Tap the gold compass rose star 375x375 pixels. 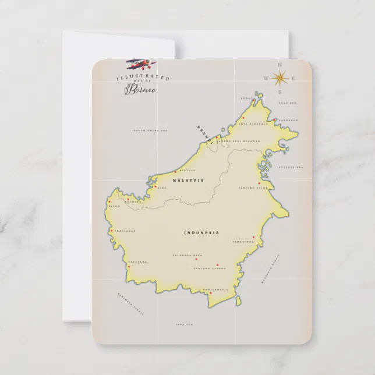pyautogui.click(x=280, y=77)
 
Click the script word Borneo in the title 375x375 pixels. pyautogui.click(x=140, y=90)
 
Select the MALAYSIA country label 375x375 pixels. pyautogui.click(x=188, y=181)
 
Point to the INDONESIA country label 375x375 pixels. pyautogui.click(x=201, y=233)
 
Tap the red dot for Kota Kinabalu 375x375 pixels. pyautogui.click(x=243, y=118)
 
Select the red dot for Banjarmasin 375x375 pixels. pyautogui.click(x=210, y=293)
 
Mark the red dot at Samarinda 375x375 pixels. pyautogui.click(x=253, y=237)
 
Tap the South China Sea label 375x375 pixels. pyautogui.click(x=150, y=131)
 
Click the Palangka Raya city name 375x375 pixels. pyautogui.click(x=187, y=255)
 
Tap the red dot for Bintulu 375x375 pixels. pyautogui.click(x=175, y=172)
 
